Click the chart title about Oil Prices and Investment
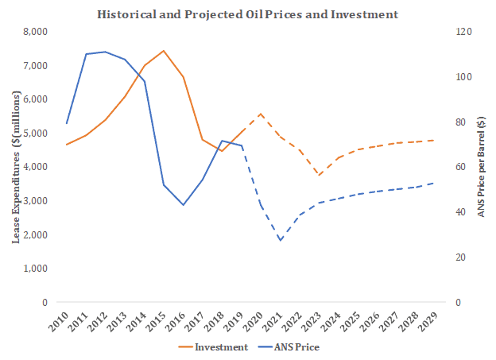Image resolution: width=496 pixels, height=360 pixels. (247, 14)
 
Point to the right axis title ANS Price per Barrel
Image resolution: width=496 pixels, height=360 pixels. (481, 168)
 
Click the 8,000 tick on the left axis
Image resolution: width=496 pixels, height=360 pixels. (34, 32)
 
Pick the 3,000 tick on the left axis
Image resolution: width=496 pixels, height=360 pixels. (34, 201)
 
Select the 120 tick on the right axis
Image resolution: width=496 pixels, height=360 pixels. (463, 32)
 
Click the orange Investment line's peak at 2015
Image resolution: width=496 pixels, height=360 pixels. (163, 51)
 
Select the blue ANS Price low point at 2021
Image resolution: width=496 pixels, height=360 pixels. (280, 240)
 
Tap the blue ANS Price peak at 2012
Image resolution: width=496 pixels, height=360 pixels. (105, 52)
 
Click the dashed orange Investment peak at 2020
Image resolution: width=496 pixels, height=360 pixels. (261, 114)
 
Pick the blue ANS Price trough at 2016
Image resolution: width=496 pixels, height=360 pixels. (183, 205)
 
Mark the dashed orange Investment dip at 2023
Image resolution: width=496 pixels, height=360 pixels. (319, 175)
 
